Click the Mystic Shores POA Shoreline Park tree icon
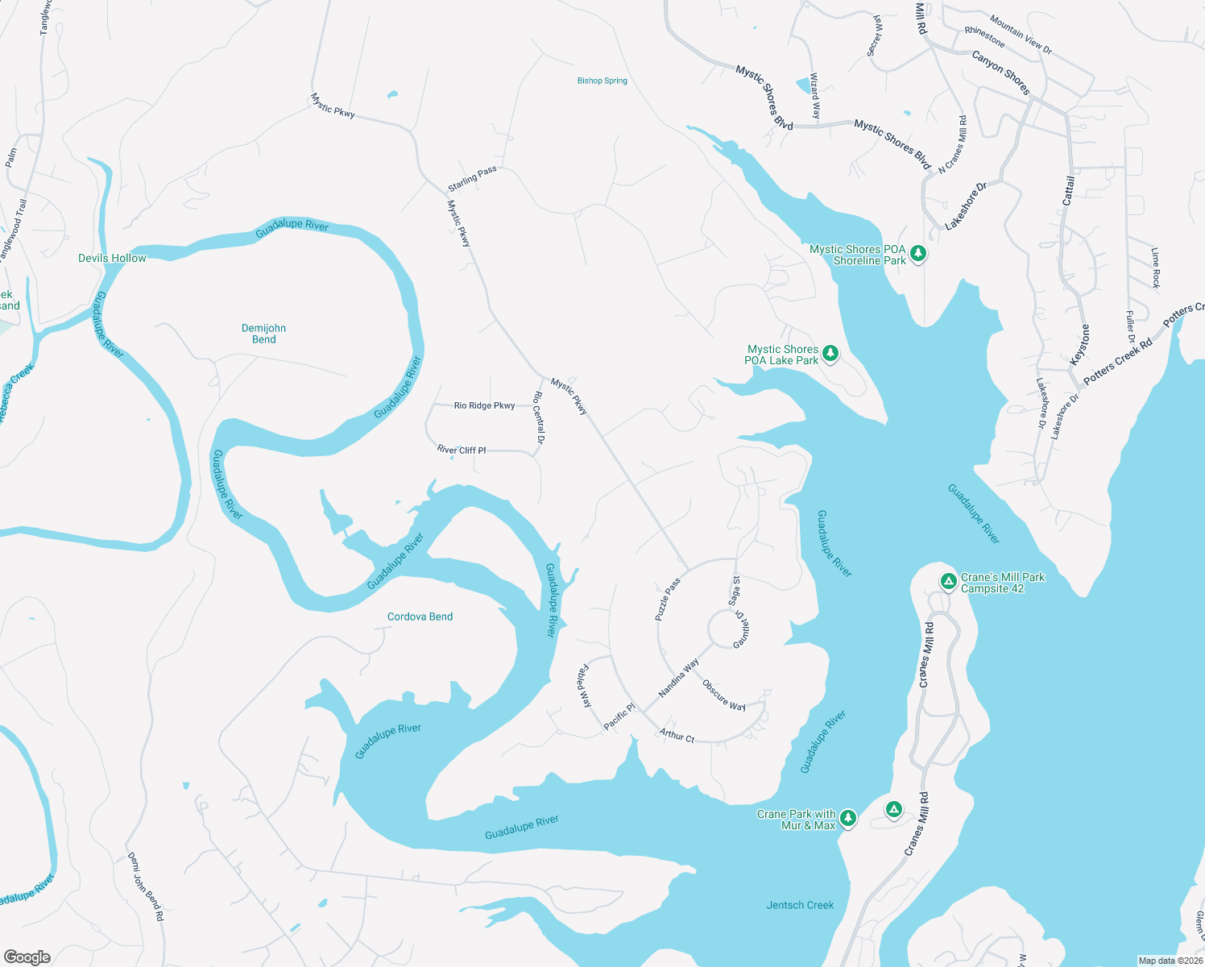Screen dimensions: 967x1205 [x=917, y=255]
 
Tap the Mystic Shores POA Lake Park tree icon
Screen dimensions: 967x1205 [x=830, y=354]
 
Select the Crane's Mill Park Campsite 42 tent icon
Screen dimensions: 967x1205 [x=948, y=581]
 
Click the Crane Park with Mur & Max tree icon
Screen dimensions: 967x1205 [x=847, y=819]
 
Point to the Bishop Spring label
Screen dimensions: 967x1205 [x=602, y=81]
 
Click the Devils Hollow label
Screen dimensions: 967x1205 [x=112, y=258]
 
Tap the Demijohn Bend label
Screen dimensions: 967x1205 [x=263, y=334]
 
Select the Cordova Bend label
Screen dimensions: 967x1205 [x=420, y=616]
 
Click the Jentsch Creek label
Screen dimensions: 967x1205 [x=800, y=905]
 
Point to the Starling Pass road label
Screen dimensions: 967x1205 [x=472, y=179]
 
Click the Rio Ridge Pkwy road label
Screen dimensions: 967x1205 [x=484, y=405]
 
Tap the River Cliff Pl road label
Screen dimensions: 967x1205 [x=462, y=450]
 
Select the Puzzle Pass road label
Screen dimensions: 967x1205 [x=668, y=599]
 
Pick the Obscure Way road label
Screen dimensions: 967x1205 [x=723, y=695]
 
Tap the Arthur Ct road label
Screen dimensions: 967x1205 [x=677, y=735]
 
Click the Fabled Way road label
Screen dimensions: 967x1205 [x=585, y=686]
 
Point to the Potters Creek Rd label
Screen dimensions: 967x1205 [x=1118, y=360]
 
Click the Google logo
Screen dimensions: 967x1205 [x=27, y=957]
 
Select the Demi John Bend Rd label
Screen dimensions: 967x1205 [x=146, y=886]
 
